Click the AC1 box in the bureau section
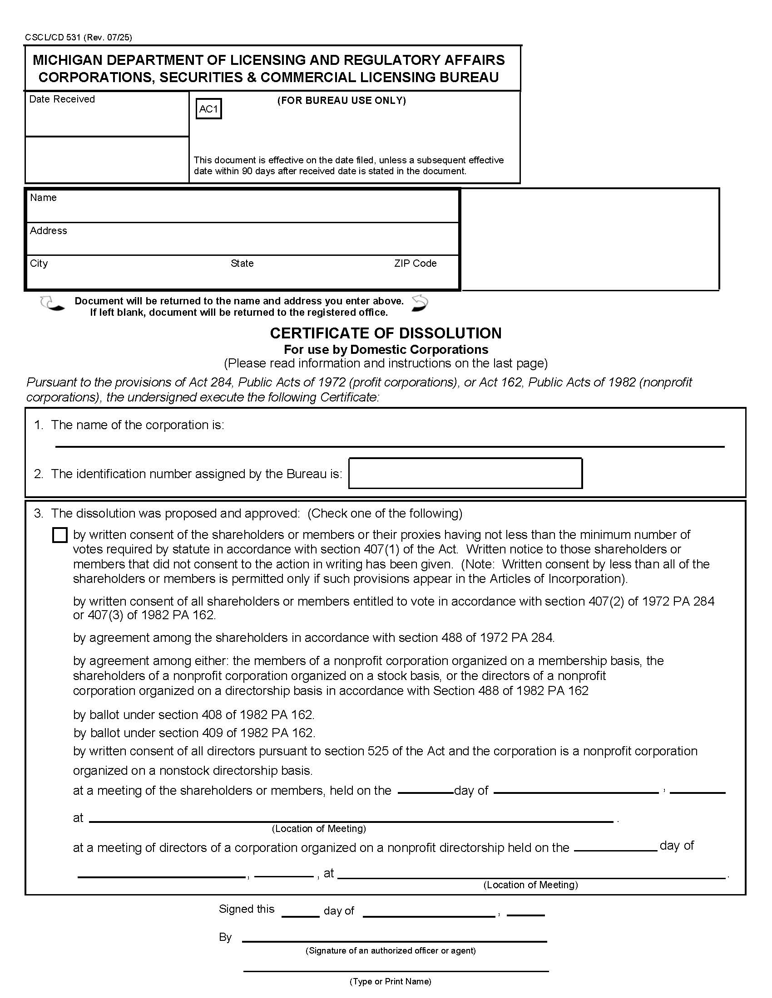[x=208, y=109]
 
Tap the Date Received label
[x=62, y=99]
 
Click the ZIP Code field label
[x=415, y=263]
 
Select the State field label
[x=242, y=263]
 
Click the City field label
[x=39, y=263]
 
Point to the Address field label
[x=49, y=230]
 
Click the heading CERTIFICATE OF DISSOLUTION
[x=386, y=333]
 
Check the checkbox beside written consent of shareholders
[x=60, y=535]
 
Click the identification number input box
[x=465, y=474]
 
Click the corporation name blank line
[x=390, y=441]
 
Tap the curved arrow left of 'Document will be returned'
[x=52, y=304]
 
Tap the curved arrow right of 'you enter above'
[x=420, y=303]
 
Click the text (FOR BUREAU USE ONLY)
[x=341, y=101]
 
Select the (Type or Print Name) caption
[x=390, y=981]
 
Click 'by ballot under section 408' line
[x=193, y=714]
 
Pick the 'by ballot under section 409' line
[x=194, y=733]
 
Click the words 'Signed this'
[x=247, y=909]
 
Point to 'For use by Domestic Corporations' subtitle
[x=386, y=350]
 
